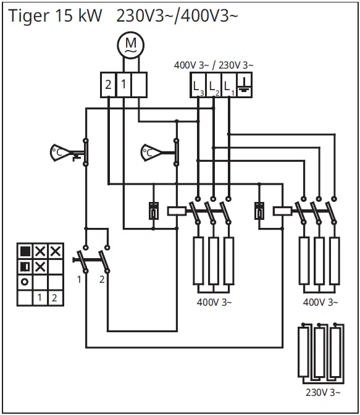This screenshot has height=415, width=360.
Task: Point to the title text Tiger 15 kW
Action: pyautogui.click(x=55, y=16)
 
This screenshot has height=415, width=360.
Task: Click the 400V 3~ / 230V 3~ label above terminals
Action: pyautogui.click(x=214, y=65)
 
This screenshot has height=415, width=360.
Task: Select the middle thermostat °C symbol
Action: pyautogui.click(x=151, y=151)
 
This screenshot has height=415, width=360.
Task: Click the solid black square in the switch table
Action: pyautogui.click(x=25, y=251)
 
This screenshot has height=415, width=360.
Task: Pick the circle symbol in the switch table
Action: pyautogui.click(x=25, y=282)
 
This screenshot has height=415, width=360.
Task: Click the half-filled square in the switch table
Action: pyautogui.click(x=25, y=267)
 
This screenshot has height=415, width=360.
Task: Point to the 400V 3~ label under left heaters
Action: pyautogui.click(x=214, y=302)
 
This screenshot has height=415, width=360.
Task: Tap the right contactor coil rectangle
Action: pyautogui.click(x=282, y=211)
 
